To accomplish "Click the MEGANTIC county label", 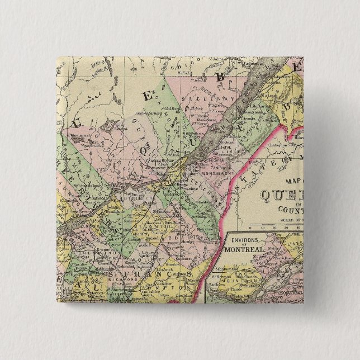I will coord(146,229).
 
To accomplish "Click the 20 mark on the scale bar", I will coord(280,226).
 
